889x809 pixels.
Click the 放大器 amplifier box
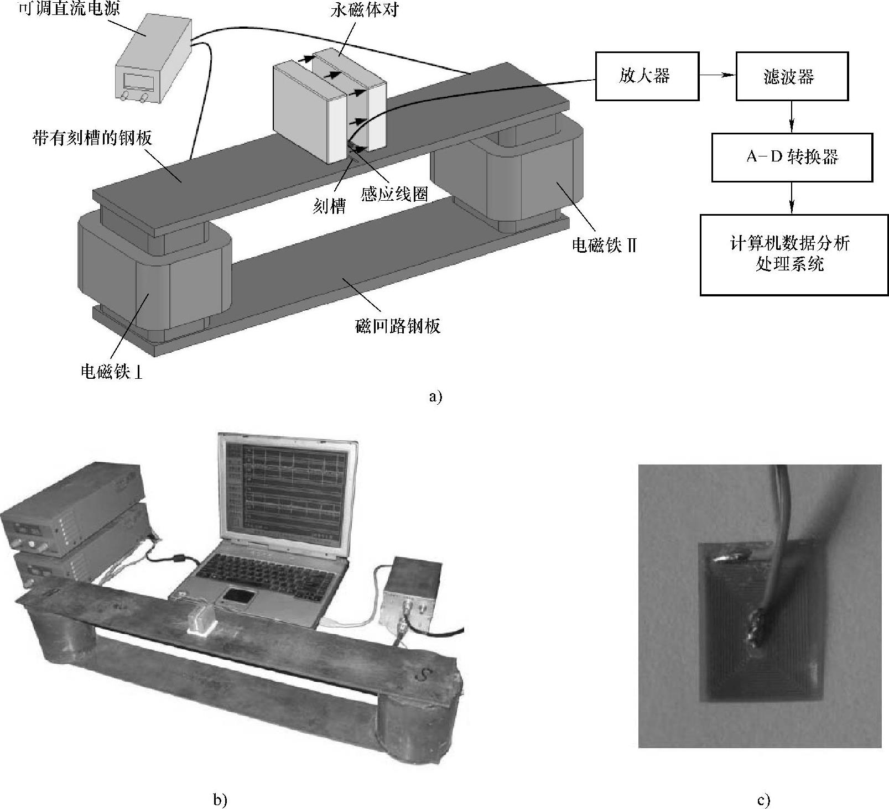click(647, 76)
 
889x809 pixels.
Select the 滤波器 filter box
click(792, 76)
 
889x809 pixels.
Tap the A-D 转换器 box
click(792, 157)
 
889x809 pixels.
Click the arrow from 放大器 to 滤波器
click(718, 76)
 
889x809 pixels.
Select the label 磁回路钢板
click(398, 326)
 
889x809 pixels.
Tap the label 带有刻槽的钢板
click(92, 138)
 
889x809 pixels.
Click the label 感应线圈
click(394, 194)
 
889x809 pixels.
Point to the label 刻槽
click(329, 206)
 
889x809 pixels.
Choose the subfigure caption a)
click(435, 396)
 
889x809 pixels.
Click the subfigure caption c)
click(763, 800)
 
